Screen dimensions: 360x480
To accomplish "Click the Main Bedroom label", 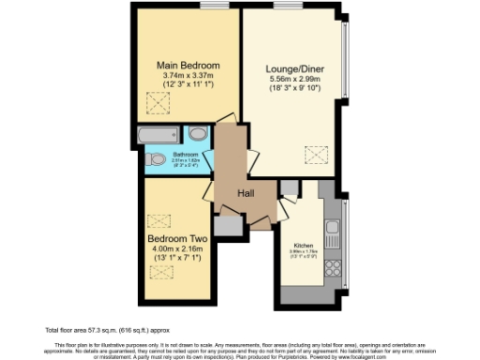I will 187,65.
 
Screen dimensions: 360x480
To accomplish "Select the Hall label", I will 246,193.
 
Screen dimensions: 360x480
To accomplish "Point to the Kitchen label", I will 303,242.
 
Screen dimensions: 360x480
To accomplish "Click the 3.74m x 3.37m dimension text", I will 187,75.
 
